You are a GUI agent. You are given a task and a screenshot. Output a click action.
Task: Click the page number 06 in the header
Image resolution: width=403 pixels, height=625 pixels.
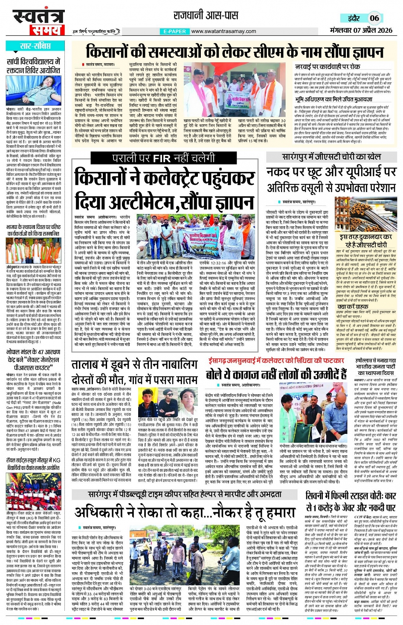pyautogui.click(x=374, y=18)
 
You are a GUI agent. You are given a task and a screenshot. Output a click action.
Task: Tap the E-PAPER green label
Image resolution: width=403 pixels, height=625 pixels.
pyautogui.click(x=174, y=31)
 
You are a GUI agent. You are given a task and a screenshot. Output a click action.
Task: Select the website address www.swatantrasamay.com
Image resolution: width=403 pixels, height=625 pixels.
pyautogui.click(x=223, y=31)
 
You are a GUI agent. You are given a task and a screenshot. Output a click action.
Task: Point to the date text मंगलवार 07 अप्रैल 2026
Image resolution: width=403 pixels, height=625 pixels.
pyautogui.click(x=361, y=30)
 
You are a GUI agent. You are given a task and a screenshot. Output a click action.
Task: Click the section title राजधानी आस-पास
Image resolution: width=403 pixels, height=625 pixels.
pyautogui.click(x=206, y=16)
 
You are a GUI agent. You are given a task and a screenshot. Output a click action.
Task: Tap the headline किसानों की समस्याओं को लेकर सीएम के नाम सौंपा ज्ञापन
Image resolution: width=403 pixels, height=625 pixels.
pyautogui.click(x=235, y=52)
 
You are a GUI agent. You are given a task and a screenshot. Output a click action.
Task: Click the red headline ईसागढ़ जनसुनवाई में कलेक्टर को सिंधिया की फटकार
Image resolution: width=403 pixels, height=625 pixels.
pyautogui.click(x=276, y=361)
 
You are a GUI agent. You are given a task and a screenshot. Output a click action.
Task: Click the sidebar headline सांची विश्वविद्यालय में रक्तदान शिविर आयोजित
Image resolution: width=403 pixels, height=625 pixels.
pyautogui.click(x=34, y=66)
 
